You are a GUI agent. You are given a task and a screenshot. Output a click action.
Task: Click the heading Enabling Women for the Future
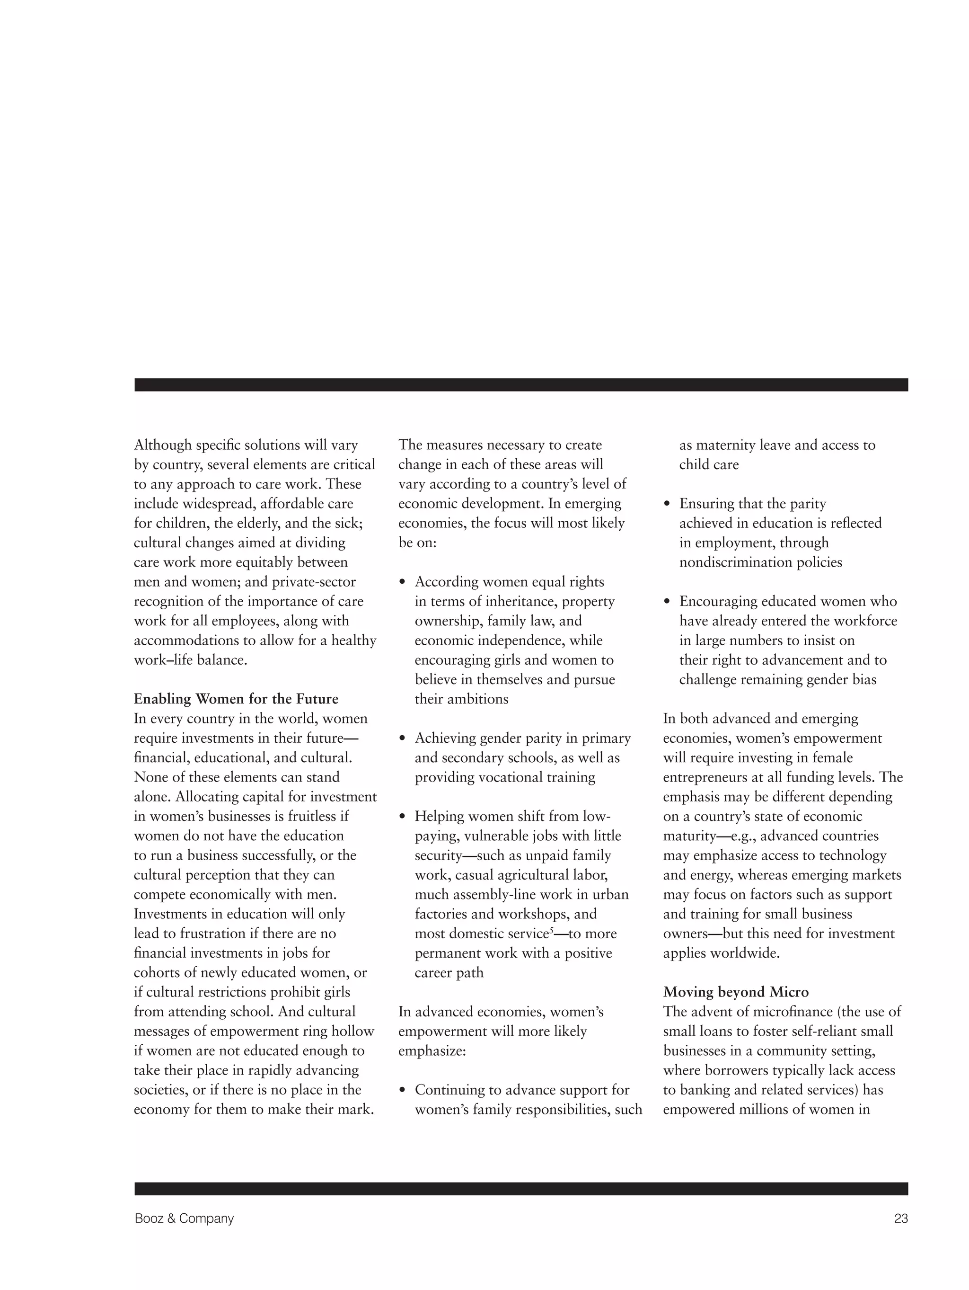point(236,699)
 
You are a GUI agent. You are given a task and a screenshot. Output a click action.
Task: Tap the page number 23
point(900,1218)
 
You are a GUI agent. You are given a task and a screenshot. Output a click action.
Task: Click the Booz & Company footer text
point(184,1218)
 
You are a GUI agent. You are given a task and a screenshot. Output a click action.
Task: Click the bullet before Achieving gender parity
point(402,739)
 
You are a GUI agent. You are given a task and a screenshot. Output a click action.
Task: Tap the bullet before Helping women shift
point(402,817)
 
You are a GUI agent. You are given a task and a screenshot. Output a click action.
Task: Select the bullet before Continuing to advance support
point(402,1091)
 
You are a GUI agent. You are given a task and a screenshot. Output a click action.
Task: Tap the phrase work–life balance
point(190,660)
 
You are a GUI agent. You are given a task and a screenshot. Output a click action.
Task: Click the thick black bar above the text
point(520,385)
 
